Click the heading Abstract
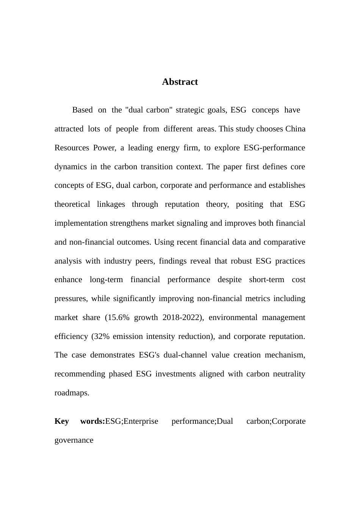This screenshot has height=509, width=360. [x=180, y=82]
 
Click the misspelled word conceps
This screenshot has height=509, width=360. [x=265, y=110]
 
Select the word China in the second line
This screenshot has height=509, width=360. [x=295, y=129]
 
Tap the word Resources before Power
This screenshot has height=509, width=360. [x=72, y=148]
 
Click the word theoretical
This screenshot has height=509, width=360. [x=72, y=204]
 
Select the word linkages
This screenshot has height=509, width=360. [x=111, y=204]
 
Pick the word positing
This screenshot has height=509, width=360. [x=249, y=204]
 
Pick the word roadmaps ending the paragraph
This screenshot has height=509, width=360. [x=72, y=393]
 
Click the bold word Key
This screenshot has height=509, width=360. [x=62, y=421]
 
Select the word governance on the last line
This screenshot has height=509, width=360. [x=74, y=440]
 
